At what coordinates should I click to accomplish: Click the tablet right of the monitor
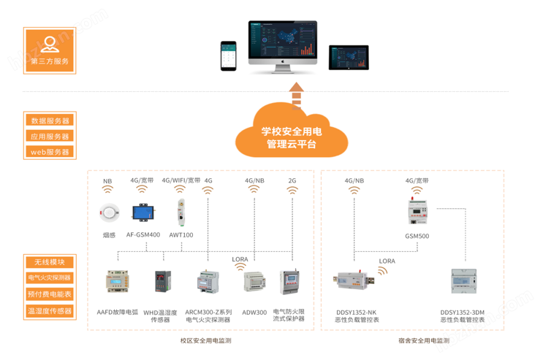349,55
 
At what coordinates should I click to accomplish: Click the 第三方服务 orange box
50,50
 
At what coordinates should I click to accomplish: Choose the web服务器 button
50,152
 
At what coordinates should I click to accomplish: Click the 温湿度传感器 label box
50,311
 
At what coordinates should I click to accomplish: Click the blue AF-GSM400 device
143,212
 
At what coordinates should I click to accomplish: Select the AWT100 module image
180,212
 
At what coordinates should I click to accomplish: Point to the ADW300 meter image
255,282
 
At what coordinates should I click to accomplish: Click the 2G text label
292,180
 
